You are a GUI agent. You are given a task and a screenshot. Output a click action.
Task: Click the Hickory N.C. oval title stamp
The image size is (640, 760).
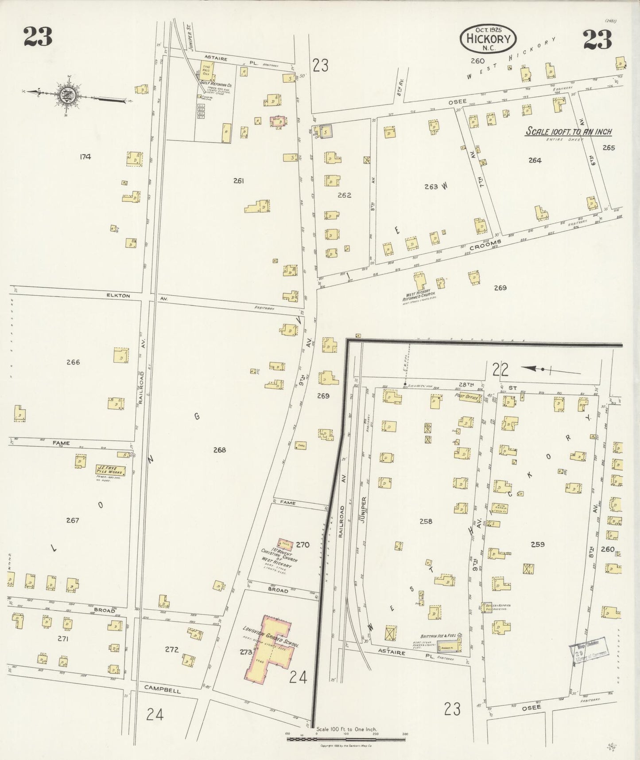point(489,39)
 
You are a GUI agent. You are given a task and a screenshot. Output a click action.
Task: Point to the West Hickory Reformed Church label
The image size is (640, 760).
point(419,296)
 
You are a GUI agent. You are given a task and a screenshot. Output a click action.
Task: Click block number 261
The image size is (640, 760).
point(238,180)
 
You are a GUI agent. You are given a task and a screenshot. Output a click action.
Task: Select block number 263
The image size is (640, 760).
point(431,187)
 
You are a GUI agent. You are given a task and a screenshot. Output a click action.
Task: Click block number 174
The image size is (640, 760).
point(85,157)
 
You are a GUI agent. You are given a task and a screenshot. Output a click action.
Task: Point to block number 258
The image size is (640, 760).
point(426,521)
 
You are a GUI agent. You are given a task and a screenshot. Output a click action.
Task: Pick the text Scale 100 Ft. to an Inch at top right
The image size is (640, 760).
point(568,132)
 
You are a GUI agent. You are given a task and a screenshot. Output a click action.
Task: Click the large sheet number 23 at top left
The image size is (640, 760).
point(38,37)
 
